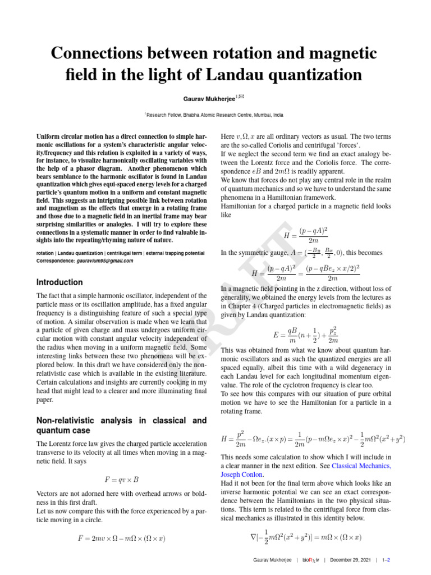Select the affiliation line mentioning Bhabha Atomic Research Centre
[215, 115]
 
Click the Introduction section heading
[59, 282]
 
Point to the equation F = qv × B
[121, 480]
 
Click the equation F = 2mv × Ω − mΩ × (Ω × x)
[121, 538]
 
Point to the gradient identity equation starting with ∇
[313, 537]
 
